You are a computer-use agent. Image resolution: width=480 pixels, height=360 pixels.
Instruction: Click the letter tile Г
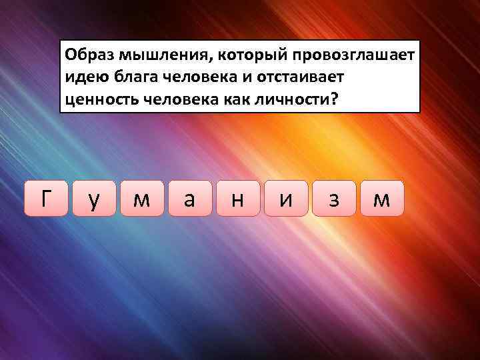pyautogui.click(x=45, y=198)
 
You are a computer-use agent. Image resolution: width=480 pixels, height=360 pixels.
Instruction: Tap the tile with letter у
pyautogui.click(x=93, y=198)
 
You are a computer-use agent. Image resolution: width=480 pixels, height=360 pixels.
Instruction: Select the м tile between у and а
pyautogui.click(x=141, y=198)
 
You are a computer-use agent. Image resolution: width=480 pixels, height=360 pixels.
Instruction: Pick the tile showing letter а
pyautogui.click(x=189, y=198)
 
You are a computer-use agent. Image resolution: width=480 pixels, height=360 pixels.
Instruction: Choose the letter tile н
pyautogui.click(x=237, y=198)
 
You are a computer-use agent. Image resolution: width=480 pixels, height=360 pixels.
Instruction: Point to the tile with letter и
pyautogui.click(x=285, y=198)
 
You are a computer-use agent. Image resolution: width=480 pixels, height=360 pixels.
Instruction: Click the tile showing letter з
pyautogui.click(x=333, y=198)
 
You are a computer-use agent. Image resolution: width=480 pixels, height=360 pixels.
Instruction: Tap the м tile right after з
pyautogui.click(x=381, y=198)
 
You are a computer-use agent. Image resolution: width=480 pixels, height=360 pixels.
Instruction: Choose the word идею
pyautogui.click(x=84, y=77)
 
